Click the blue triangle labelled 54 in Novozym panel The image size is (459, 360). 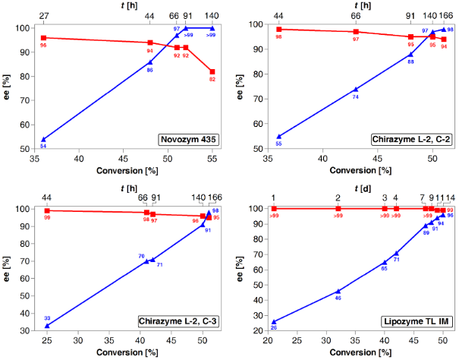click(x=43, y=139)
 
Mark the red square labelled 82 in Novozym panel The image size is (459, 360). click(x=212, y=71)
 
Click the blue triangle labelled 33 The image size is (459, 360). click(x=47, y=325)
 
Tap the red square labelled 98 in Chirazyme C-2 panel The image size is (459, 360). click(x=278, y=29)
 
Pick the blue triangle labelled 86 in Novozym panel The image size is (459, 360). click(x=150, y=62)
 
